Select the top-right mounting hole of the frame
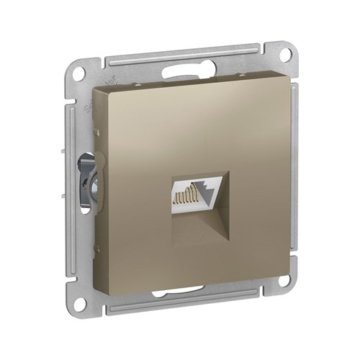coord(284,53)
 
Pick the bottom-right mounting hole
coord(283,279)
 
